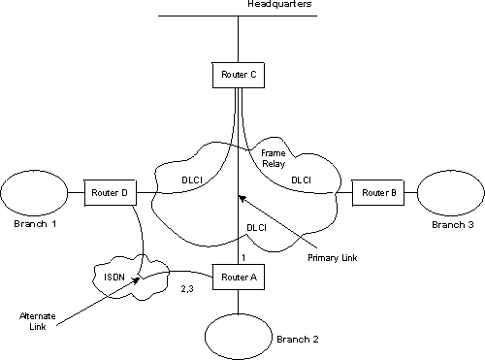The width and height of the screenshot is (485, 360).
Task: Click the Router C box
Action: click(238, 74)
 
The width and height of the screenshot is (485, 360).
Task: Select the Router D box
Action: click(111, 193)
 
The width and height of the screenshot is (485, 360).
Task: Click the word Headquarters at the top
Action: click(277, 6)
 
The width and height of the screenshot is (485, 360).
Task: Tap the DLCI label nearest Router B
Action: click(302, 180)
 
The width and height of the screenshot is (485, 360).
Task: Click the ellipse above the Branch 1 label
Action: click(34, 193)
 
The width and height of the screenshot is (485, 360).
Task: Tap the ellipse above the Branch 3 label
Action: click(451, 193)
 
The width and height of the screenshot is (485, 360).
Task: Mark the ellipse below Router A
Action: click(239, 333)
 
